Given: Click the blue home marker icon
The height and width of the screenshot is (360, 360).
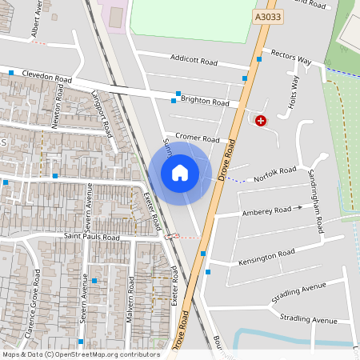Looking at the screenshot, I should [180, 173].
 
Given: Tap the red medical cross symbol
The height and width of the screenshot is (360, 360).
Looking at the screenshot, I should [260, 121].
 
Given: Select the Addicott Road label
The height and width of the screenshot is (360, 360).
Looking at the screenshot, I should [194, 59].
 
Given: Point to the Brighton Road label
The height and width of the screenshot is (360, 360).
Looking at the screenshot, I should [205, 103].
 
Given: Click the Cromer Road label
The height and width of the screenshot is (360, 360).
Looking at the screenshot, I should [198, 138].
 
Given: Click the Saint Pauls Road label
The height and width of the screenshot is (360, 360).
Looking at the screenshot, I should [92, 238].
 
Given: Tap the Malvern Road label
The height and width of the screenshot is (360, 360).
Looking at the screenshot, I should [129, 299].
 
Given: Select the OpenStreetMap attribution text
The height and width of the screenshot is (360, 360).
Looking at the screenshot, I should [81, 354].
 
